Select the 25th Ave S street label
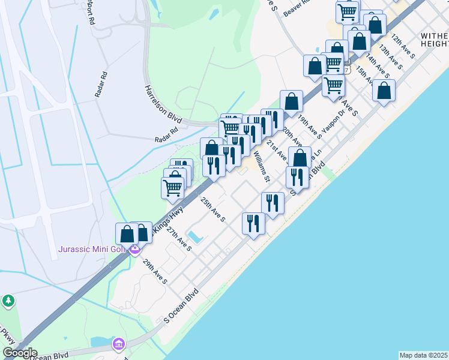(212, 210)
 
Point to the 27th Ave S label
(179, 239)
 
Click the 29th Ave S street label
(155, 271)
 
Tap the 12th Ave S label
(403, 46)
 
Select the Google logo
(20, 353)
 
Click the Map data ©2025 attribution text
(423, 355)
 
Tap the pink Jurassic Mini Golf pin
(135, 250)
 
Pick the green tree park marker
(8, 300)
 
